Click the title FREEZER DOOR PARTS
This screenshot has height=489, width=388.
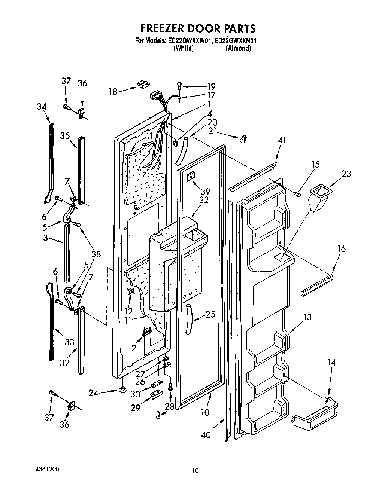coord(198,28)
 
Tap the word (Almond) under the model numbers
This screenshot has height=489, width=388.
coord(238,48)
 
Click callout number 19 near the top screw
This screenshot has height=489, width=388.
coord(211,86)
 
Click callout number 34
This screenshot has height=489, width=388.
coord(42,107)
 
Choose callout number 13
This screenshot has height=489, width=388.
coord(307,318)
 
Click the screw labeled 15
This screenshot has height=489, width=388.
coord(298,193)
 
